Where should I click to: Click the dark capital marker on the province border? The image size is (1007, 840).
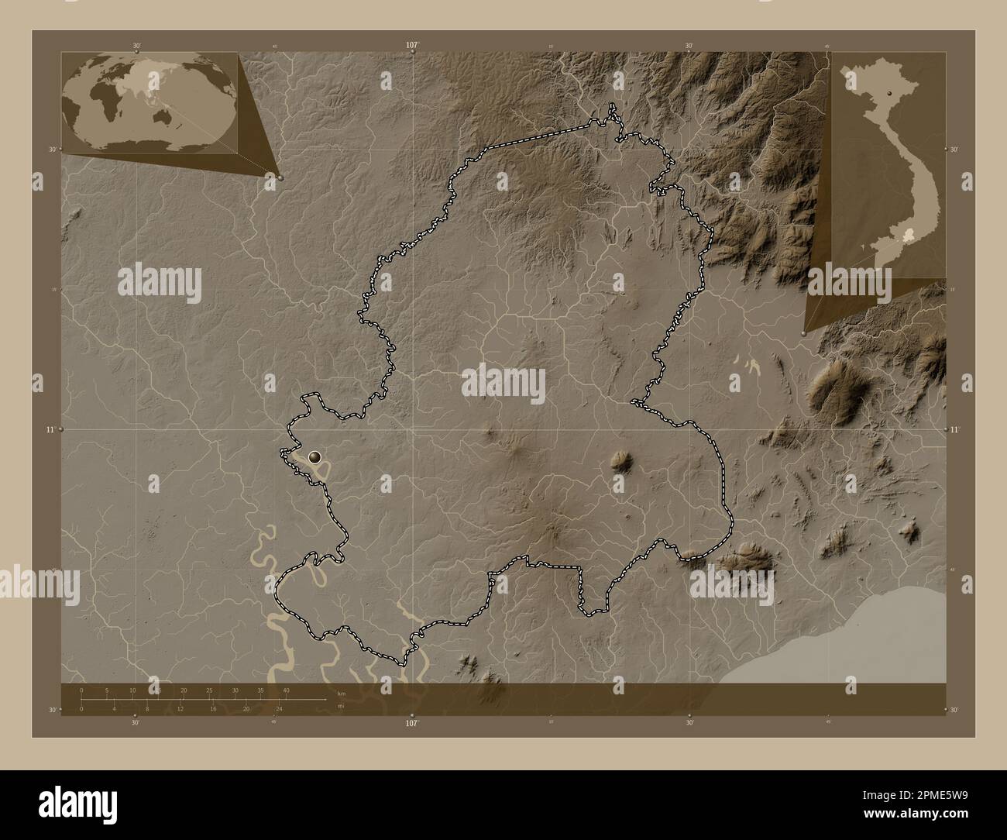[x=314, y=458]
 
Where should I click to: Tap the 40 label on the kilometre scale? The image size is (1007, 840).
[x=286, y=690]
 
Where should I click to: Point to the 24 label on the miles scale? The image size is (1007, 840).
[x=280, y=708]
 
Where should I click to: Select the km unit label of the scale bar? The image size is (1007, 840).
[x=342, y=694]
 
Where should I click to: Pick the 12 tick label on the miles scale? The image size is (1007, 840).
[x=180, y=708]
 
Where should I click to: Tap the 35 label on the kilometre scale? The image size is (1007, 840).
[x=260, y=690]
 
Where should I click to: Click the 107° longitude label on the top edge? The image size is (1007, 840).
[x=412, y=46]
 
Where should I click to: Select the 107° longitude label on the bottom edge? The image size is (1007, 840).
[x=412, y=723]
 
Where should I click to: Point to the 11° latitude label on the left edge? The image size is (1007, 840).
[x=51, y=429]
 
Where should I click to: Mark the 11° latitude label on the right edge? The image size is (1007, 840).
[x=954, y=429]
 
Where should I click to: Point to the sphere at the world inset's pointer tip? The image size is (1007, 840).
[x=280, y=177]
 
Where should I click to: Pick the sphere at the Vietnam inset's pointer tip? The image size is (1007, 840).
[x=803, y=333]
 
